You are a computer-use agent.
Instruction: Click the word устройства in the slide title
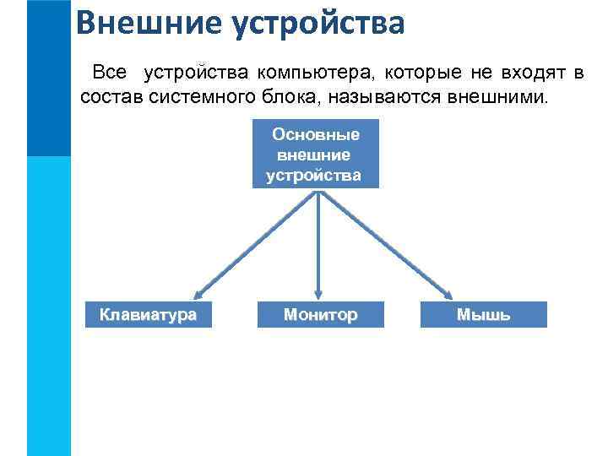319,23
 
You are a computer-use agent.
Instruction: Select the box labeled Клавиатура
148,315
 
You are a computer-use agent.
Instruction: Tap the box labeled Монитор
320,315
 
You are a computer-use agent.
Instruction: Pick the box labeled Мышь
483,315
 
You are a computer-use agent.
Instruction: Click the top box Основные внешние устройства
316,155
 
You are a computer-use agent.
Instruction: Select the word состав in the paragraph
111,97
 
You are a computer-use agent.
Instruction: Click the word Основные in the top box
316,134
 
